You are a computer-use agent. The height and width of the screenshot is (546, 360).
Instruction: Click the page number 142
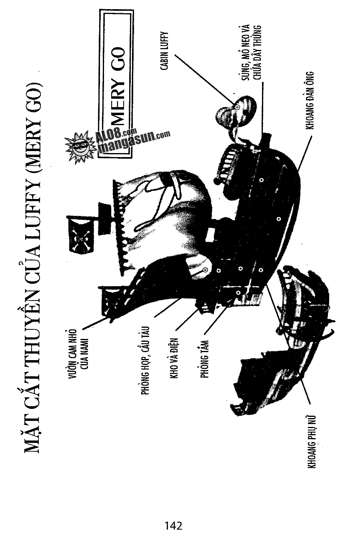pyautogui.click(x=173, y=525)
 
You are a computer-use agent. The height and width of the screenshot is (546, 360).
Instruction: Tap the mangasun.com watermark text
pyautogui.click(x=134, y=143)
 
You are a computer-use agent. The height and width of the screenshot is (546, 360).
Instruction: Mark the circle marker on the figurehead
pyautogui.click(x=237, y=108)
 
